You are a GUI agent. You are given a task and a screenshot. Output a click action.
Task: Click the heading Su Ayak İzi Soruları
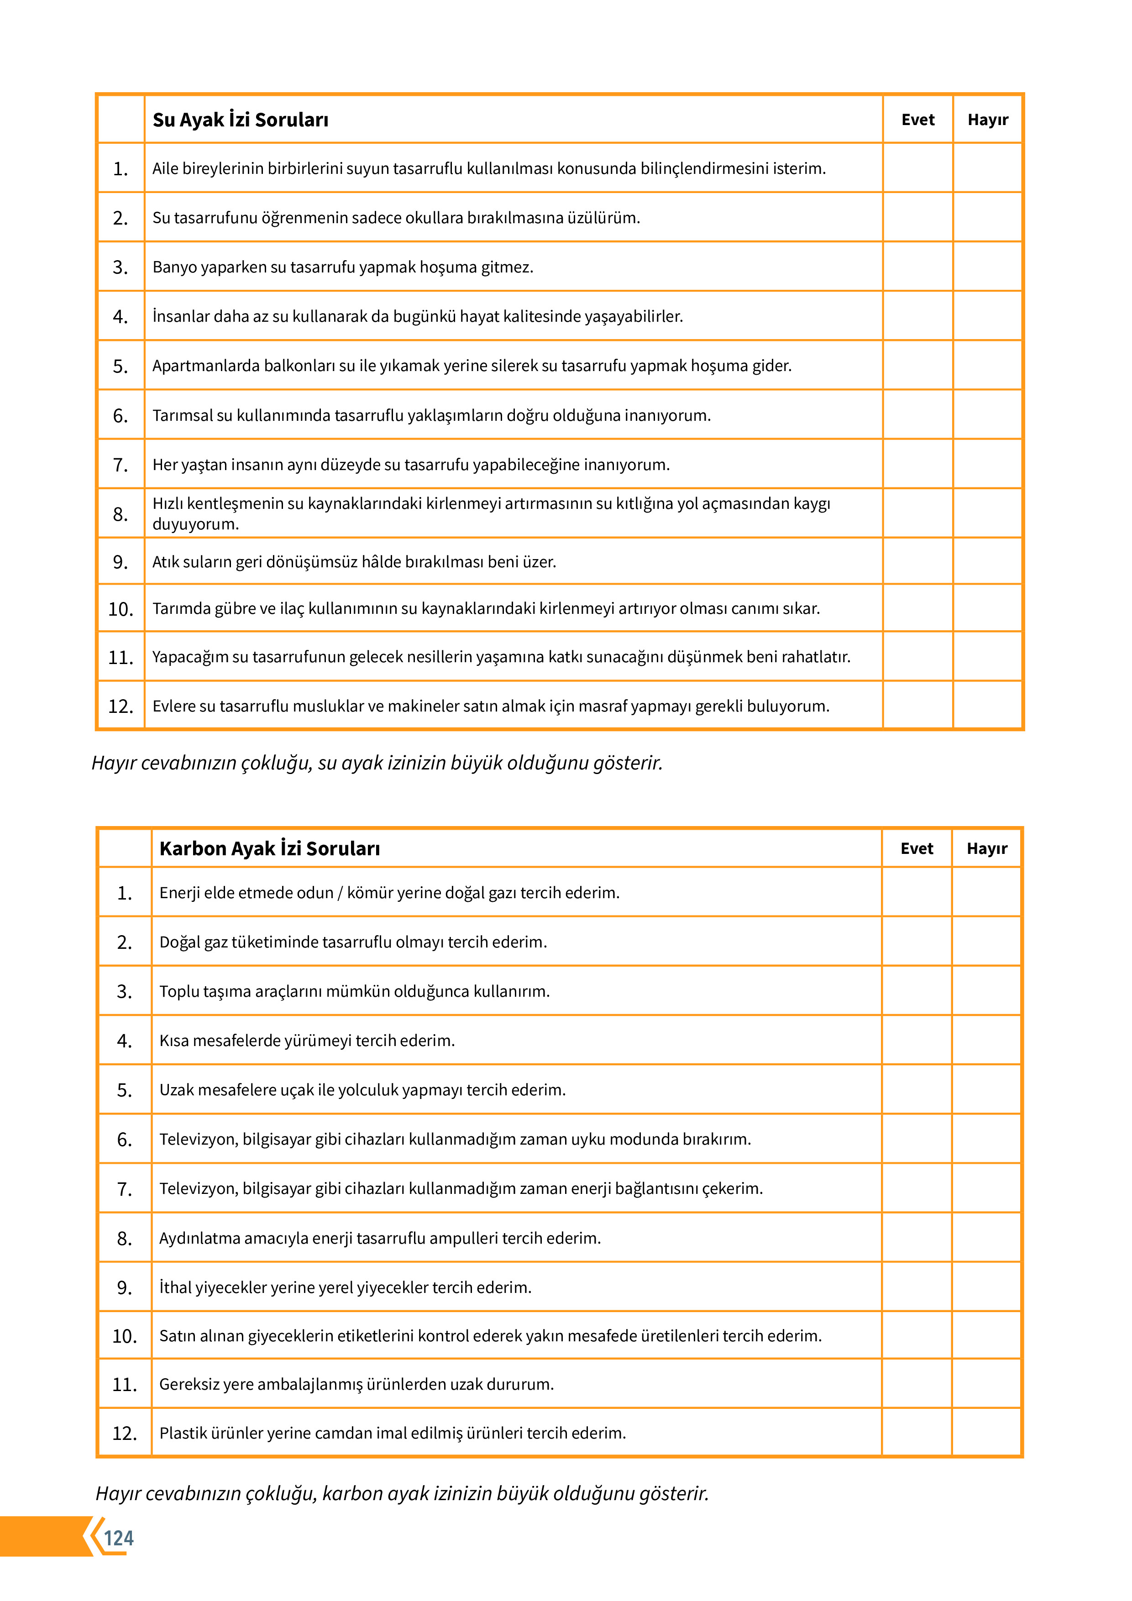240,120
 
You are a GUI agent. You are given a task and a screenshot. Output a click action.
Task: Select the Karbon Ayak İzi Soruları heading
269,848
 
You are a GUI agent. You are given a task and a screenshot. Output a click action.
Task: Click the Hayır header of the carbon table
986,848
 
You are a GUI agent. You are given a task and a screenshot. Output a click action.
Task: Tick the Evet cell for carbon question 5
917,1090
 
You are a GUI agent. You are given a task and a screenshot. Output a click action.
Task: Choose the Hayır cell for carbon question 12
986,1433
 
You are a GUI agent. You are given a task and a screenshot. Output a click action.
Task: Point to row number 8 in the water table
121,514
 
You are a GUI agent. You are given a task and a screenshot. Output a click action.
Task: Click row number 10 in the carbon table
125,1336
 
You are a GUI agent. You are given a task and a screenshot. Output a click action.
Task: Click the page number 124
119,1538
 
